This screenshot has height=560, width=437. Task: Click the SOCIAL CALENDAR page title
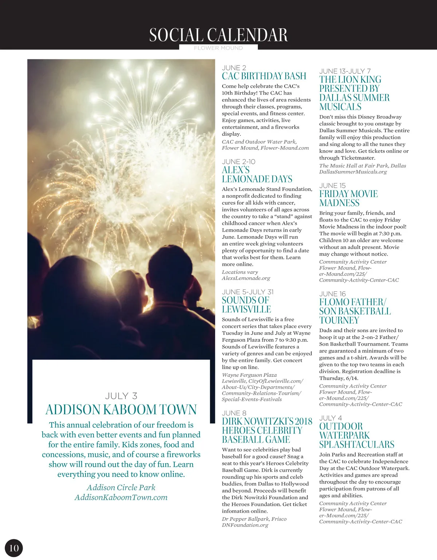pyautogui.click(x=219, y=35)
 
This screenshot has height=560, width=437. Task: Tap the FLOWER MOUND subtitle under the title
pyautogui.click(x=218, y=48)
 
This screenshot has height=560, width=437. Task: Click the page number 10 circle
pyautogui.click(x=14, y=548)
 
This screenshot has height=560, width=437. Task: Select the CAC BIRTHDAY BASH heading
pyautogui.click(x=264, y=76)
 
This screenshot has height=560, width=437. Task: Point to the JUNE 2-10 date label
pyautogui.click(x=239, y=162)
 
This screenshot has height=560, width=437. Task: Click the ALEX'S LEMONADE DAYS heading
pyautogui.click(x=257, y=174)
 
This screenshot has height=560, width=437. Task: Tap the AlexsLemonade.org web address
pyautogui.click(x=246, y=278)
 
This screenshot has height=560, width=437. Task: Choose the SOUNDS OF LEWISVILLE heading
pyautogui.click(x=246, y=305)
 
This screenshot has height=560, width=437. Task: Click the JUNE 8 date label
pyautogui.click(x=234, y=413)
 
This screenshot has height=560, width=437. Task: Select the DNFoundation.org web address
pyautogui.click(x=245, y=525)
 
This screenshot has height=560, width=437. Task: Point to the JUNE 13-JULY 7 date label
pyautogui.click(x=345, y=71)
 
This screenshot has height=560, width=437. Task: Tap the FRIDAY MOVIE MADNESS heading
pyautogui.click(x=349, y=198)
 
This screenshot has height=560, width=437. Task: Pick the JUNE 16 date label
pyautogui.click(x=332, y=294)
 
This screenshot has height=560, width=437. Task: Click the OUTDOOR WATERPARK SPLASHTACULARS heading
pyautogui.click(x=357, y=435)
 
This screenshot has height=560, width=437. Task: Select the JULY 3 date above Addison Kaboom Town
pyautogui.click(x=121, y=396)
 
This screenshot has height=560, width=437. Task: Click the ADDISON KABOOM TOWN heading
pyautogui.click(x=121, y=410)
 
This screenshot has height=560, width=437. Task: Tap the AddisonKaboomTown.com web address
pyautogui.click(x=121, y=497)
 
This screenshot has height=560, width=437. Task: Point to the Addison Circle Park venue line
pyautogui.click(x=121, y=488)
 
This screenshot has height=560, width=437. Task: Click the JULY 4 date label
pyautogui.click(x=331, y=418)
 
